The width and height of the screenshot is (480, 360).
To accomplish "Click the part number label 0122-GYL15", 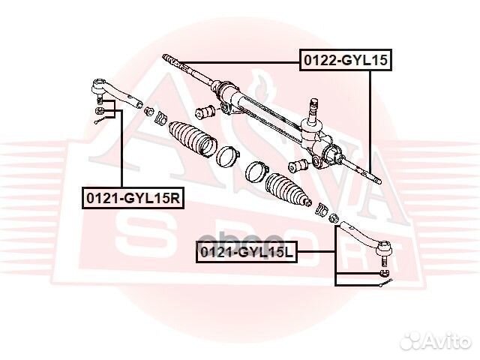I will (x=346, y=60).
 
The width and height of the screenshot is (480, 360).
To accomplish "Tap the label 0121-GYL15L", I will (x=247, y=253).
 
